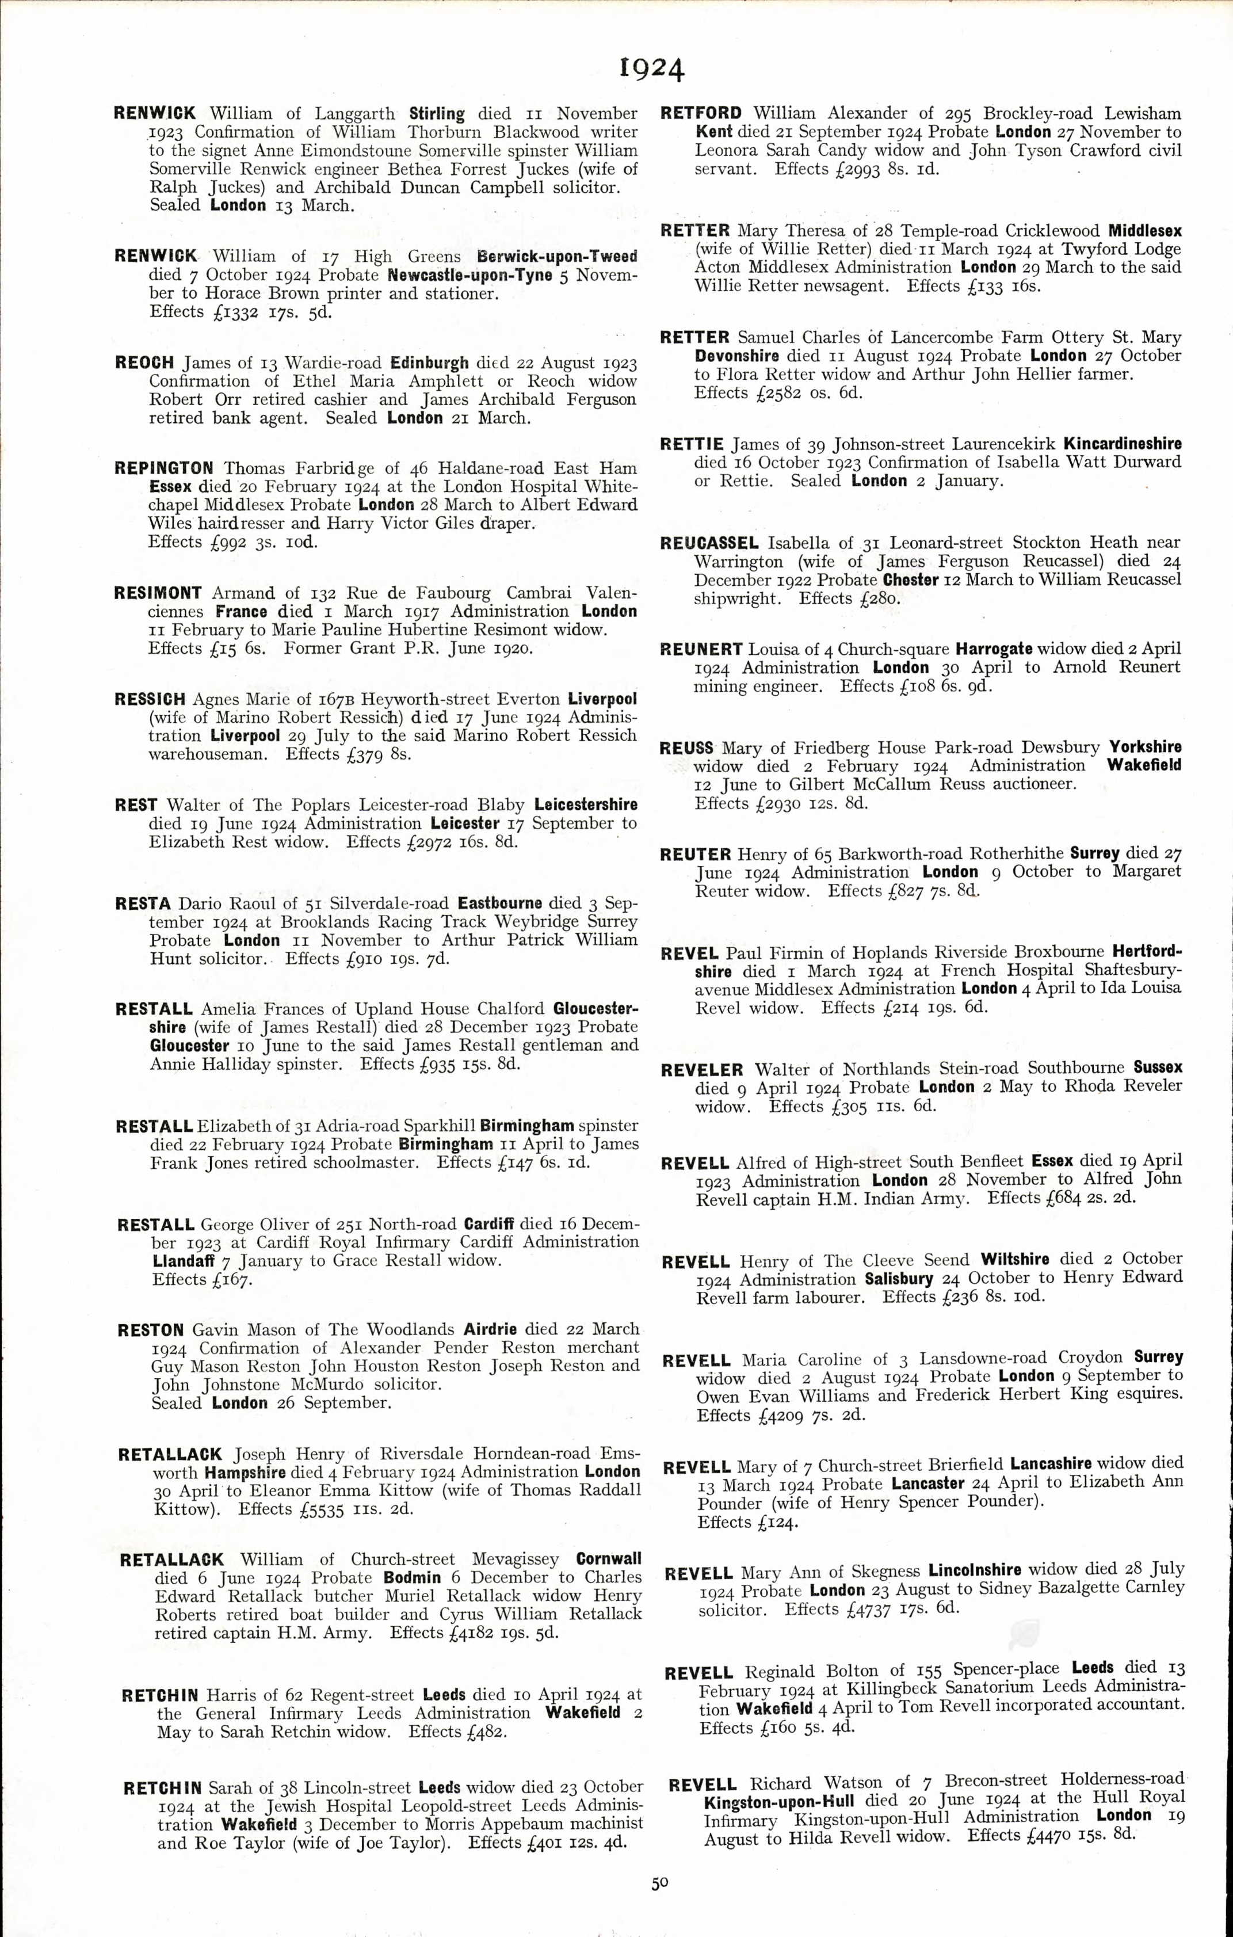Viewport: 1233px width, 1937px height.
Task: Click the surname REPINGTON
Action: [163, 468]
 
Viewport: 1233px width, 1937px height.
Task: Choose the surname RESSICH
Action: [150, 699]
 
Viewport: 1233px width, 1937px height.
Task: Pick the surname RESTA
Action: [142, 903]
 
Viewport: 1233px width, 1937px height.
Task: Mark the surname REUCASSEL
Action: [709, 543]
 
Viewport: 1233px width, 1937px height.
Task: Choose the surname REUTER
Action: [695, 853]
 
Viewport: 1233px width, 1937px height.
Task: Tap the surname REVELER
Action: [702, 1070]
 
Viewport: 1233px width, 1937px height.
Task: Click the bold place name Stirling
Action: [437, 113]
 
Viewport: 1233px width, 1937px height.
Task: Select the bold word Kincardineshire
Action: [1122, 443]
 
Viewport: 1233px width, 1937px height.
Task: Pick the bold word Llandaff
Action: [181, 1261]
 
